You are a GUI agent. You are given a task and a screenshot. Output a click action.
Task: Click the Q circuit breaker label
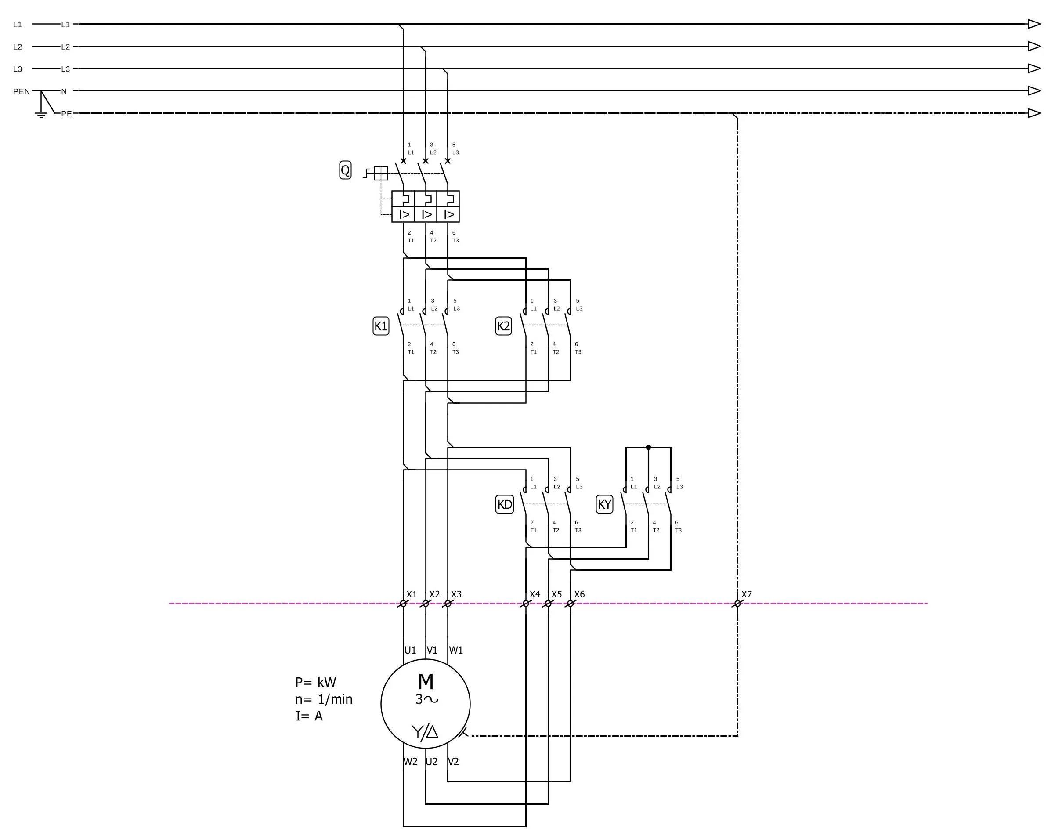pyautogui.click(x=345, y=170)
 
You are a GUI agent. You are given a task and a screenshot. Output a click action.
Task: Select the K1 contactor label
pyautogui.click(x=381, y=326)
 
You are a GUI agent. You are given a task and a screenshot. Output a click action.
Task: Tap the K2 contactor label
pyautogui.click(x=503, y=326)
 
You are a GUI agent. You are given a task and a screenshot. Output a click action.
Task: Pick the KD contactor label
pyautogui.click(x=505, y=504)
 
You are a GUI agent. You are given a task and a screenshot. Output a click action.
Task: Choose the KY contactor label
pyautogui.click(x=604, y=504)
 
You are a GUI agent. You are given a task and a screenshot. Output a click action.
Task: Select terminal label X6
pyautogui.click(x=579, y=594)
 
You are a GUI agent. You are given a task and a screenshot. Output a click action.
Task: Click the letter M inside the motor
pyautogui.click(x=426, y=682)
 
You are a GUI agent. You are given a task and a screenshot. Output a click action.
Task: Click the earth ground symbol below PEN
pyautogui.click(x=41, y=116)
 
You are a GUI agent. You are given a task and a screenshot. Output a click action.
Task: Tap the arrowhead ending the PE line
pyautogui.click(x=1034, y=113)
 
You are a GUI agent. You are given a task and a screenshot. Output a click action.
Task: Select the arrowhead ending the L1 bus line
pyautogui.click(x=1034, y=24)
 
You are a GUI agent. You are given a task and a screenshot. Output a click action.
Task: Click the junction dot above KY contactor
pyautogui.click(x=648, y=448)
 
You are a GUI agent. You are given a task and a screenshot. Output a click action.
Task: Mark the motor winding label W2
pyautogui.click(x=410, y=762)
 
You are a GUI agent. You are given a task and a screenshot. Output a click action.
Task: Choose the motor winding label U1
pyautogui.click(x=410, y=651)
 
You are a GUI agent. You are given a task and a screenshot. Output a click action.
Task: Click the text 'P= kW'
pyautogui.click(x=315, y=682)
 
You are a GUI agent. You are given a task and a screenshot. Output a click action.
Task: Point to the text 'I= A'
pyautogui.click(x=309, y=716)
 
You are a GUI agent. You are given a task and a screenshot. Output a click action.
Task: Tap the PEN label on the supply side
pyautogui.click(x=22, y=91)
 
